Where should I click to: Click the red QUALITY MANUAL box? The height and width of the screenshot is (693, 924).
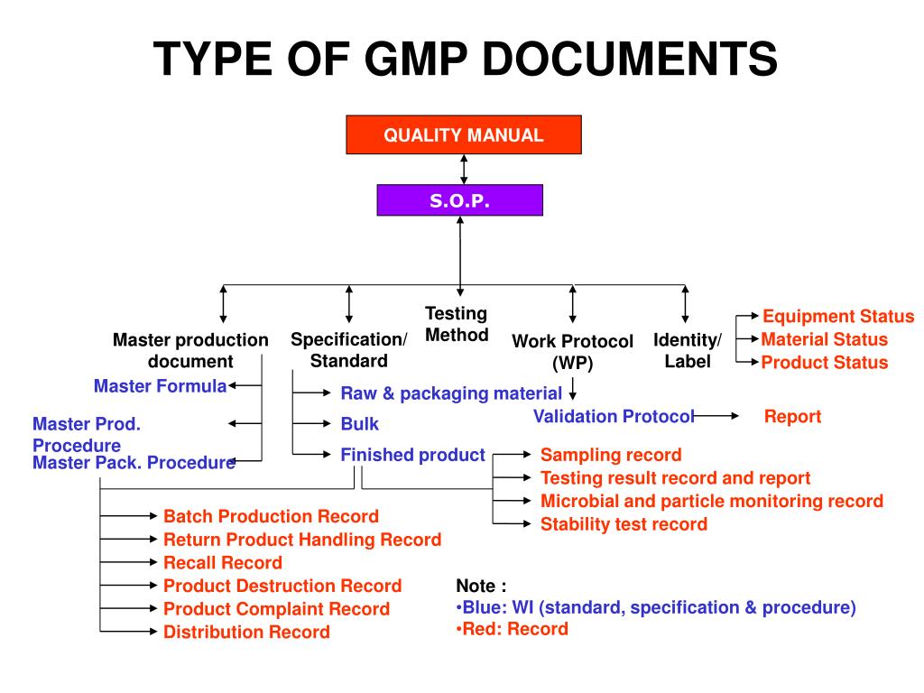tap(464, 135)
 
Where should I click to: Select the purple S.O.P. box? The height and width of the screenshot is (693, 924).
tap(459, 200)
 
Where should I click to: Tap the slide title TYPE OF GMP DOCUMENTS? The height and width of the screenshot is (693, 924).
tap(465, 60)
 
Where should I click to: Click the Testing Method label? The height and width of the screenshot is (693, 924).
tap(457, 324)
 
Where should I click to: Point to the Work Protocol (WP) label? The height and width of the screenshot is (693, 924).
tap(572, 352)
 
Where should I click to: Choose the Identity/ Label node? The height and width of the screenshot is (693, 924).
tap(688, 350)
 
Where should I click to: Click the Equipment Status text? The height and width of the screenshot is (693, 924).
tap(838, 317)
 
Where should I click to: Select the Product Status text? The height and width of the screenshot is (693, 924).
tap(824, 363)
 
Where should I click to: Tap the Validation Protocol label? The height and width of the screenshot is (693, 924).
tap(614, 416)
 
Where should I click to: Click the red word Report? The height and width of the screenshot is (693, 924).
tap(792, 416)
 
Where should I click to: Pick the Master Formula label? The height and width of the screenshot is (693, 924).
tap(160, 386)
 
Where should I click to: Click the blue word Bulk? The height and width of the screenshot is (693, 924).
tap(360, 423)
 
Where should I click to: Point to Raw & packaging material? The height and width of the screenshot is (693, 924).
tap(451, 393)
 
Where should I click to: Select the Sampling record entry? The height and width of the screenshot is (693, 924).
tap(611, 455)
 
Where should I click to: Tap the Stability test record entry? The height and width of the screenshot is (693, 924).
tap(624, 524)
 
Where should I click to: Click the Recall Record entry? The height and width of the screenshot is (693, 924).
tap(222, 563)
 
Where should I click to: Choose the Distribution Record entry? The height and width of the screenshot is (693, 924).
tap(246, 633)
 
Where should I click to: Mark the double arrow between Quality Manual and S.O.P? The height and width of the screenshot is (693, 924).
tap(464, 169)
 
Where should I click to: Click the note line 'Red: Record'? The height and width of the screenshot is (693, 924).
tap(513, 629)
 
